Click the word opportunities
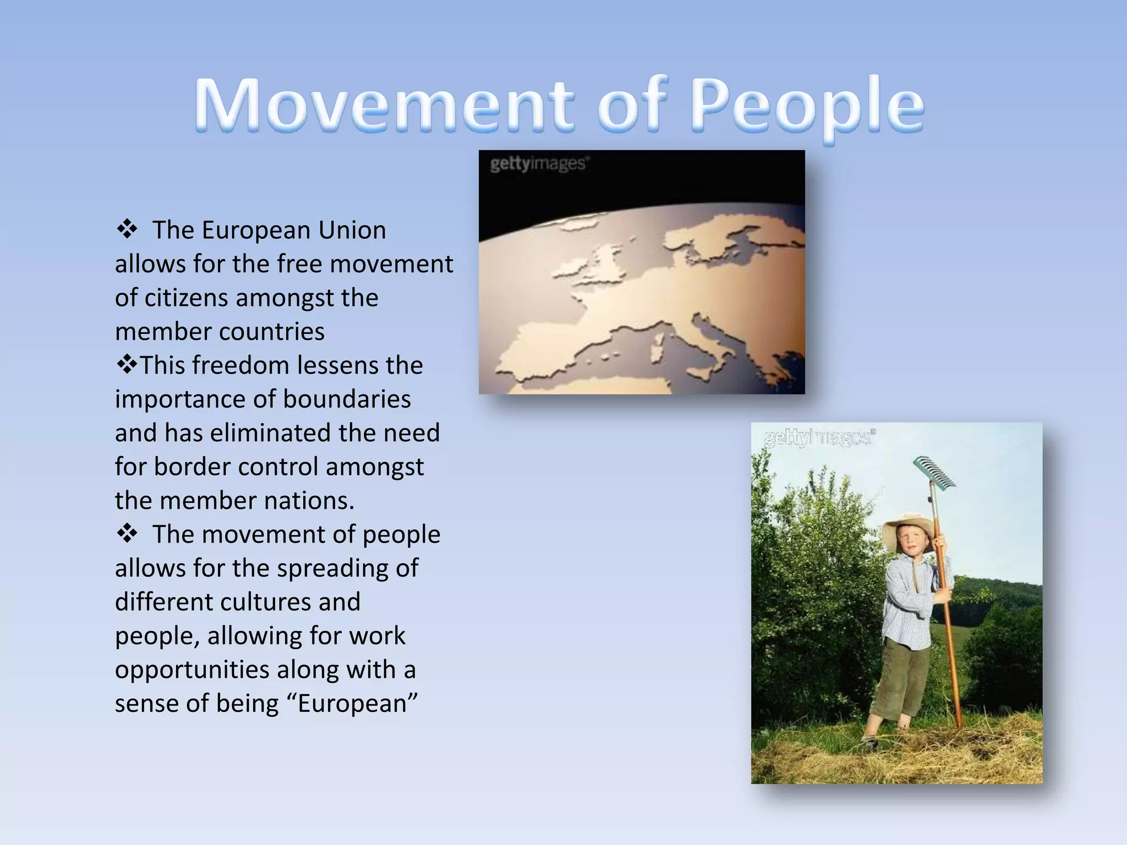tap(193, 670)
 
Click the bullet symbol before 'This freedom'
tap(127, 365)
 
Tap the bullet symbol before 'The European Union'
tap(127, 229)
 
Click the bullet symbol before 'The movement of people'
tap(127, 534)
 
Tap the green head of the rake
tap(934, 473)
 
